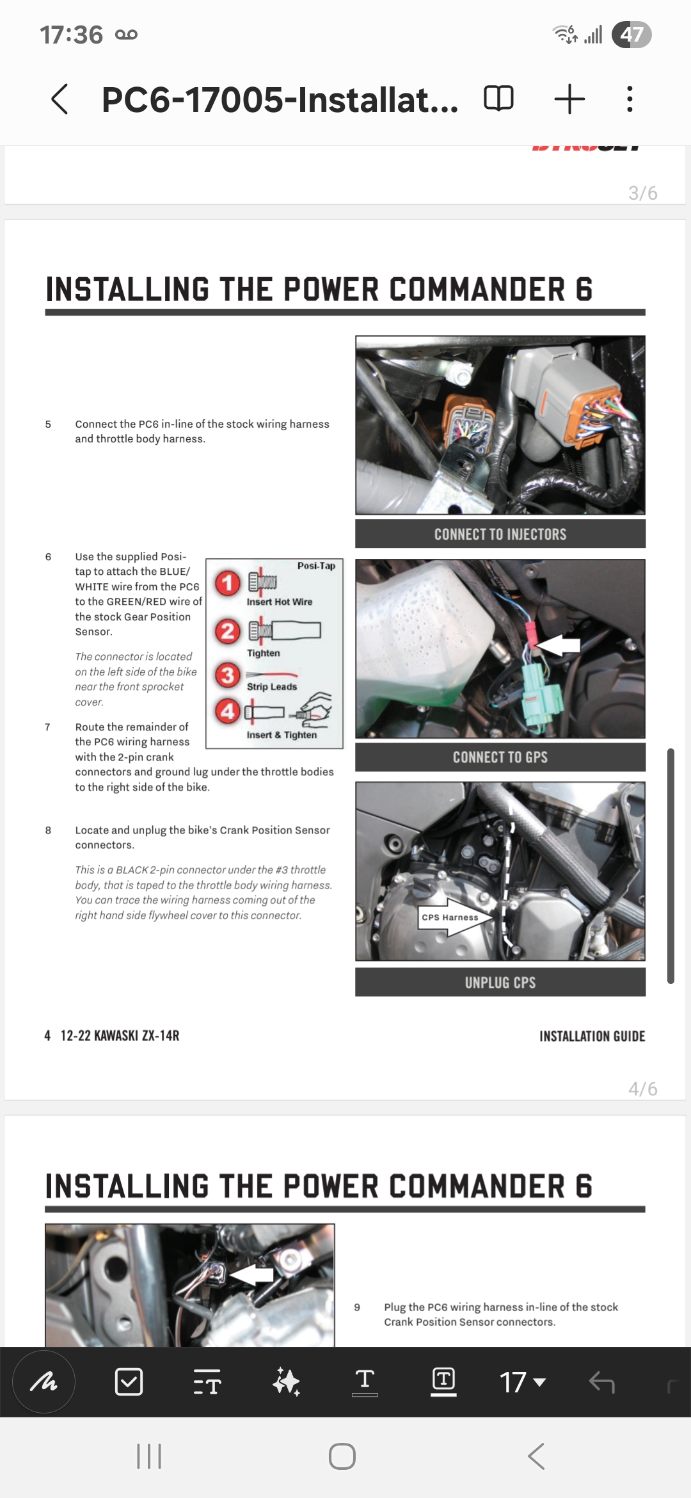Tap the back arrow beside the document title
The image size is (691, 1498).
(60, 99)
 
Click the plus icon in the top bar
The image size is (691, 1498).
(569, 99)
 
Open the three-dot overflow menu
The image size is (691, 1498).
(630, 99)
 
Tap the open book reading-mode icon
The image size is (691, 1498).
(498, 99)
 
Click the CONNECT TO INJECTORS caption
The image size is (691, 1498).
(500, 534)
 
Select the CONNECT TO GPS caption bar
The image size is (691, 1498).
(500, 757)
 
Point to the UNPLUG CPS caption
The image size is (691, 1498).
(500, 982)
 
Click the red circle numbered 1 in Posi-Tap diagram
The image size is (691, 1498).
(228, 583)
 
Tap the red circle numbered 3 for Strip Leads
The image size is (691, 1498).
(228, 675)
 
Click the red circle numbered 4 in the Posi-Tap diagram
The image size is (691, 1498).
(228, 711)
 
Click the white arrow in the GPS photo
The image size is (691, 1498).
(557, 645)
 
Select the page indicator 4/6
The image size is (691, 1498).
(642, 1089)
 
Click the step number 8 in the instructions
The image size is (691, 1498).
(48, 830)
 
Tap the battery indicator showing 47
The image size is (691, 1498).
(631, 35)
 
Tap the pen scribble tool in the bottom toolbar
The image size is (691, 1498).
(44, 1382)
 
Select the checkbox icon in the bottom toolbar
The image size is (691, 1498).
(129, 1382)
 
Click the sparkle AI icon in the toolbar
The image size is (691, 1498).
(286, 1382)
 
